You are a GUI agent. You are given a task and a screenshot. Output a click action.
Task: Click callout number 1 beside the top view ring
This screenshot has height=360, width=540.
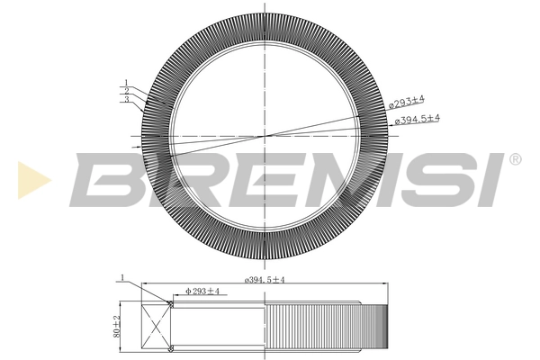click(x=128, y=83)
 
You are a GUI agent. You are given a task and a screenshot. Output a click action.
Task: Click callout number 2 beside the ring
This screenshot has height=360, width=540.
click(x=128, y=91)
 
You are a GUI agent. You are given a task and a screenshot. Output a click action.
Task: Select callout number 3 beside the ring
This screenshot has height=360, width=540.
click(x=128, y=99)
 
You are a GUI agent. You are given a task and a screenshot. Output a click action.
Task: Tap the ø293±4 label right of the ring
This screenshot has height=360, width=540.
click(x=407, y=103)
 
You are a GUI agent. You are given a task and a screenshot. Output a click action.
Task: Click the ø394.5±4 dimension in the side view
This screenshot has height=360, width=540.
click(x=264, y=280)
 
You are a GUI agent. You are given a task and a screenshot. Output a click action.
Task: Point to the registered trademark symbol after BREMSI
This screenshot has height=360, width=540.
click(x=514, y=159)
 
